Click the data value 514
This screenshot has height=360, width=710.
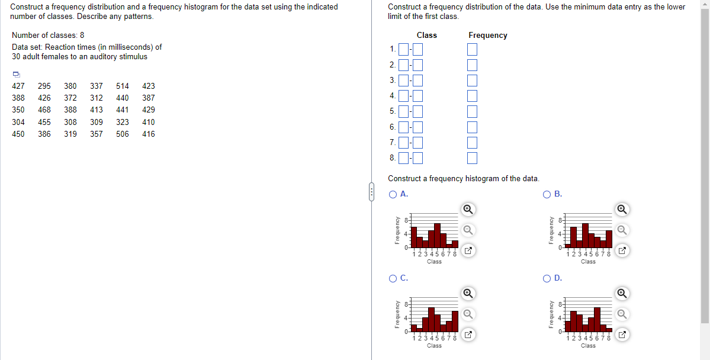[123, 86]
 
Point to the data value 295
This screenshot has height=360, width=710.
[44, 86]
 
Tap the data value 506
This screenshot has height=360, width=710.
[123, 134]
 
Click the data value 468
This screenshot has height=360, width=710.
[44, 110]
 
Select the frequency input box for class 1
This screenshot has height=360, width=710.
[472, 50]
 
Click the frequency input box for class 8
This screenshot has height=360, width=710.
[472, 157]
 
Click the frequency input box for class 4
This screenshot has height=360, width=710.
[472, 96]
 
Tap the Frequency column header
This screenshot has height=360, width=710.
[487, 36]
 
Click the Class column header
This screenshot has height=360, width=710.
[426, 36]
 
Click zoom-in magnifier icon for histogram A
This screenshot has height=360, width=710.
[468, 209]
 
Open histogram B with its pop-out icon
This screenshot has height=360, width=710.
[622, 251]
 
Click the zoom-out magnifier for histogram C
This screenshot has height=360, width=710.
[468, 314]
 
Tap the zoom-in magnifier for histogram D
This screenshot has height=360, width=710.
[622, 293]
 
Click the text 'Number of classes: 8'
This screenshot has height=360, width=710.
[48, 36]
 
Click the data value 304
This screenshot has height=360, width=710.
[18, 122]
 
